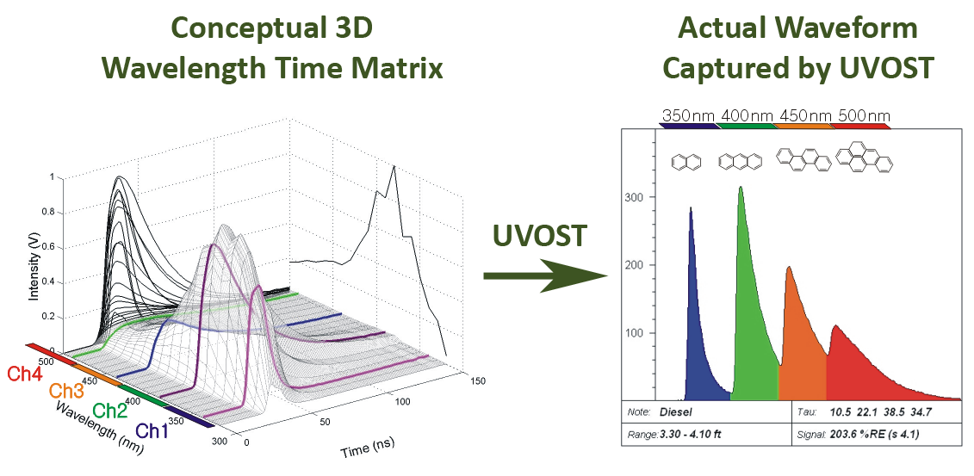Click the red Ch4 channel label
(x=26, y=374)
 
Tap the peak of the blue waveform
(x=691, y=207)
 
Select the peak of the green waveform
(x=741, y=188)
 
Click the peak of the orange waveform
(x=789, y=268)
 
